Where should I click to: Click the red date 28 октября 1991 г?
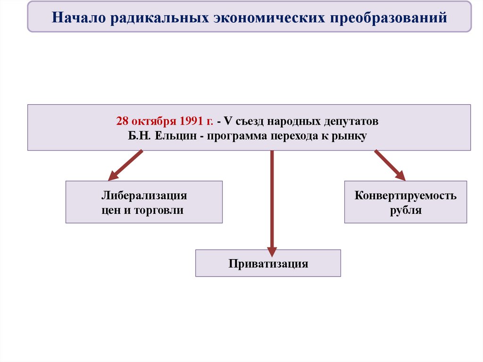165,121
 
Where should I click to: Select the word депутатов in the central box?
351,121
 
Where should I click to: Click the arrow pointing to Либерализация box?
125,166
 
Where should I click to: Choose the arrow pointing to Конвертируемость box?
390,165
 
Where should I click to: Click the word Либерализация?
144,195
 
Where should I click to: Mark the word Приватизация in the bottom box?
268,263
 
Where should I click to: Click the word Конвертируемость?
406,195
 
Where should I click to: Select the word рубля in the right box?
406,210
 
